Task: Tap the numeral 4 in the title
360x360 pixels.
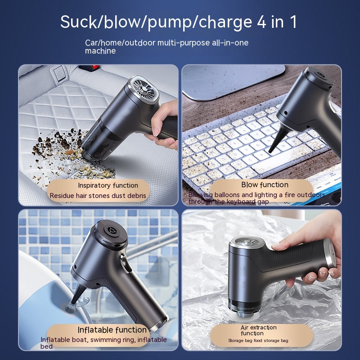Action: click(261, 22)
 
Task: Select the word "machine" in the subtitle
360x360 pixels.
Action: click(100, 51)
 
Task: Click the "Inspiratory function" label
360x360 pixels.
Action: click(108, 185)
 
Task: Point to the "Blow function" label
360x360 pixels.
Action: click(265, 184)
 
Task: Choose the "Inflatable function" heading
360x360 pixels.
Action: click(112, 330)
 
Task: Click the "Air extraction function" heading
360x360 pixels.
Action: click(258, 330)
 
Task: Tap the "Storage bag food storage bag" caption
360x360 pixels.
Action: click(258, 341)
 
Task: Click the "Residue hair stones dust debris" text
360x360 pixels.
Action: click(98, 196)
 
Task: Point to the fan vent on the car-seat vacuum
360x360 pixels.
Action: click(144, 88)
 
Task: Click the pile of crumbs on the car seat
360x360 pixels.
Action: click(69, 156)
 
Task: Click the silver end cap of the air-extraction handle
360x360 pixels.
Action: click(331, 254)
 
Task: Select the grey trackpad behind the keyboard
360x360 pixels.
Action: click(233, 81)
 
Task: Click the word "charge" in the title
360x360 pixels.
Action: click(225, 22)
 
